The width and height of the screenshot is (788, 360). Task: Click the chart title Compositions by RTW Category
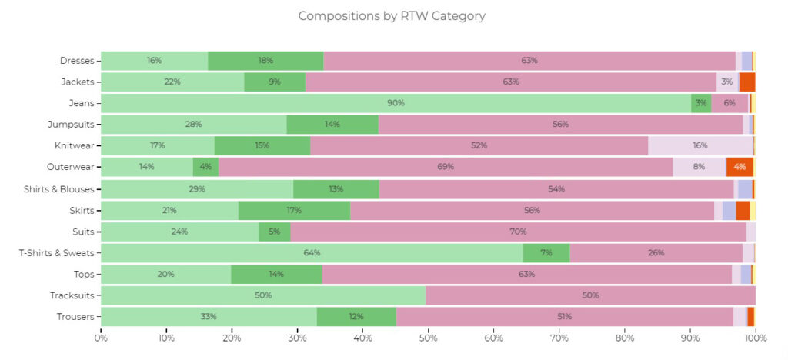[392, 16]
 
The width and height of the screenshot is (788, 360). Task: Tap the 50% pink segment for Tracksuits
[590, 295]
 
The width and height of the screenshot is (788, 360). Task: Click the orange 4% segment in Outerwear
[740, 167]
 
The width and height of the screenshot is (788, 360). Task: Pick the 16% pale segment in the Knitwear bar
[700, 145]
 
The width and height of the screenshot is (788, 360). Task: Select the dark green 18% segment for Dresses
[265, 61]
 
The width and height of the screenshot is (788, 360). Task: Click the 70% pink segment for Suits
[518, 232]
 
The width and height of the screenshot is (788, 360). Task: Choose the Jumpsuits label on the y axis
[72, 125]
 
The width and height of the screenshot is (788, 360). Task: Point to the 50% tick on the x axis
[428, 337]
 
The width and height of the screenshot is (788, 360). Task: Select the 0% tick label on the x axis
[101, 337]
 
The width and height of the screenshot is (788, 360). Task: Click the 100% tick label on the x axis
[756, 337]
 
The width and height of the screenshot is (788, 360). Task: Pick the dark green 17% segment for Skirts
[294, 210]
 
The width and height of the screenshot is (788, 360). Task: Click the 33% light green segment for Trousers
[208, 316]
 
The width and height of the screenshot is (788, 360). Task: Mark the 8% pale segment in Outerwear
[699, 167]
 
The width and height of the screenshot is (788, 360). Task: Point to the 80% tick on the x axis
[625, 337]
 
